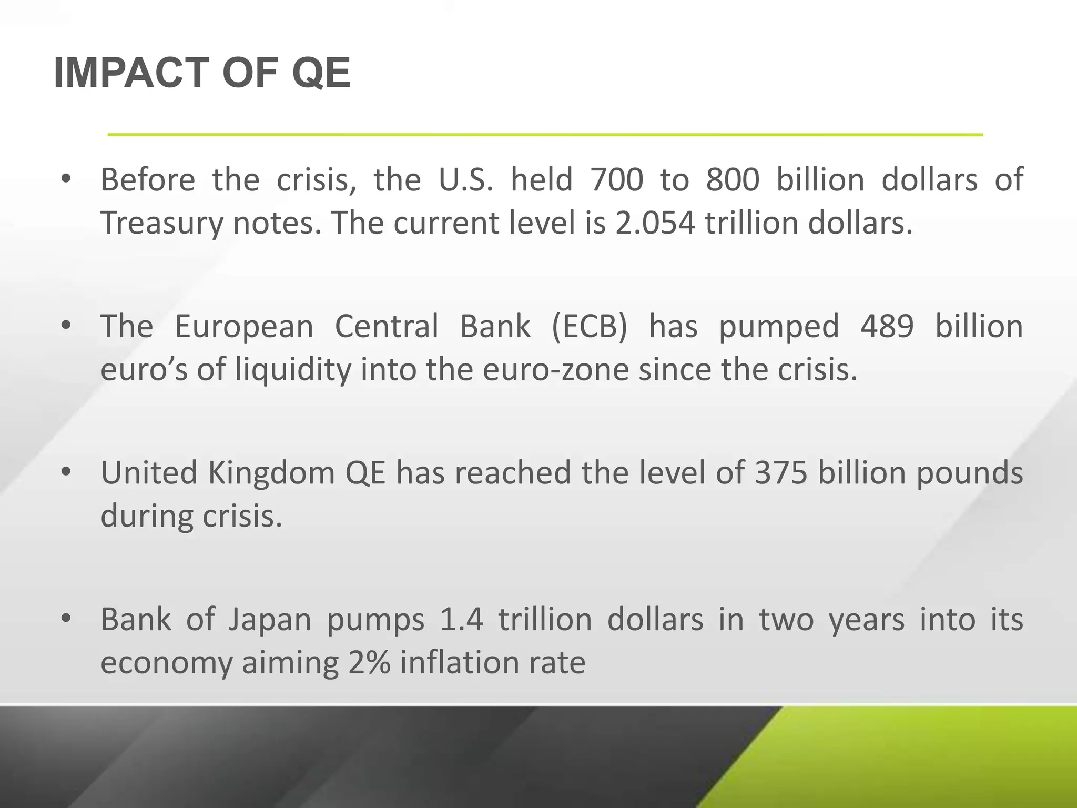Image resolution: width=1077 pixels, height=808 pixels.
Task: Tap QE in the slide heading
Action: tap(321, 73)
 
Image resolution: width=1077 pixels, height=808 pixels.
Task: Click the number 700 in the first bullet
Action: tap(616, 180)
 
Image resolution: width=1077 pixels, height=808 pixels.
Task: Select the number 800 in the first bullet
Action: tap(733, 180)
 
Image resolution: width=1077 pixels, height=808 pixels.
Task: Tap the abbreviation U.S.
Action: tap(465, 180)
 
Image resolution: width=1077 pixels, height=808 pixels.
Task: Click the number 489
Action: tap(887, 326)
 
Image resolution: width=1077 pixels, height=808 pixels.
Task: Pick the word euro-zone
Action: tap(555, 370)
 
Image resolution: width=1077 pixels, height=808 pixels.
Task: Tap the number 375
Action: tap(781, 472)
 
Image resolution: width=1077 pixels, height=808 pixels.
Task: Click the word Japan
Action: tap(270, 620)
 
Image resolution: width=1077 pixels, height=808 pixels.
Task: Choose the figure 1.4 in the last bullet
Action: tap(461, 619)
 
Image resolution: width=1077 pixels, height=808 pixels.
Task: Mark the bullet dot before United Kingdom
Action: tap(66, 472)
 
